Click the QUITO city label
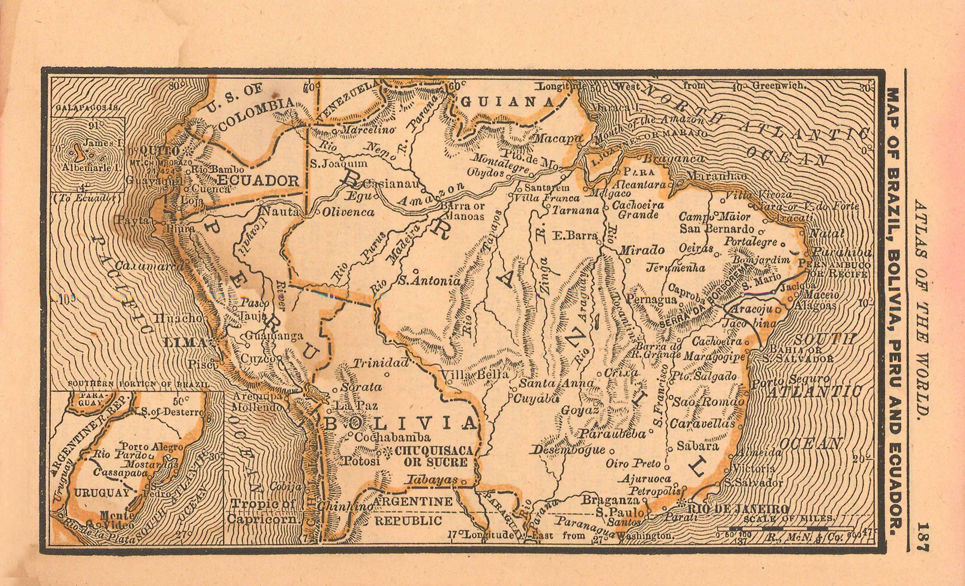159,151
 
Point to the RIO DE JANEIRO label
738,509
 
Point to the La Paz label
355,405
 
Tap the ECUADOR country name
258,181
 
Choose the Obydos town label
485,172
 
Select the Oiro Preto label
633,464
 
